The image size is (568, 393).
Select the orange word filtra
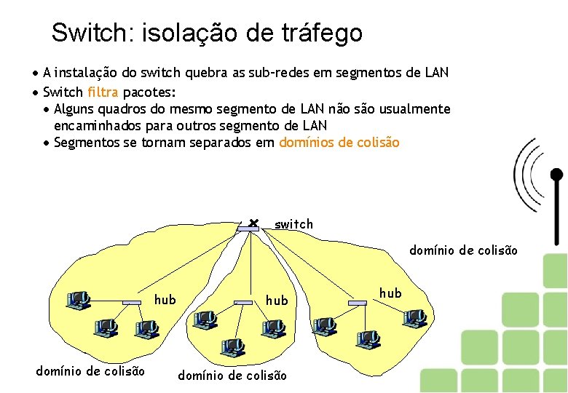103,92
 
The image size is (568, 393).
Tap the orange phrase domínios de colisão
339,143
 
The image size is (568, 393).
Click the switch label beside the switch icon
293,224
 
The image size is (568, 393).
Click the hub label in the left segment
165,299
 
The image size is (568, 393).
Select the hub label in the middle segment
277,300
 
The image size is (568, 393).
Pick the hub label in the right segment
390,293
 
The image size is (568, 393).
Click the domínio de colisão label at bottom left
90,371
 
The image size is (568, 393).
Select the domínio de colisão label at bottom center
232,376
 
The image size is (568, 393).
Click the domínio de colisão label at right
464,250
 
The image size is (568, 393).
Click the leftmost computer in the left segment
77,299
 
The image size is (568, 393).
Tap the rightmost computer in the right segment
414,317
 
